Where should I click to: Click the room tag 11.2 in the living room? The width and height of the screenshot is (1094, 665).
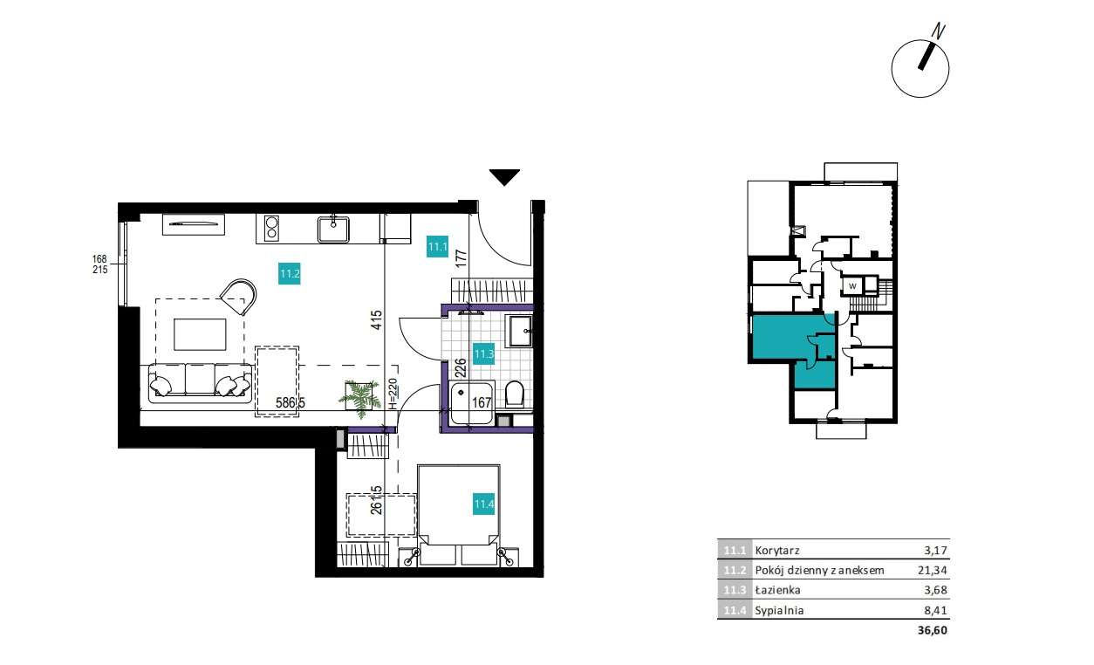(291, 274)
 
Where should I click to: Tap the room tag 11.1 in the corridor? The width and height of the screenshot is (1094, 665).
(437, 247)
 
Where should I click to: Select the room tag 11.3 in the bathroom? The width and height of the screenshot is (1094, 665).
(484, 354)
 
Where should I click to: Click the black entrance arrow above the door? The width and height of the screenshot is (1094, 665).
(504, 177)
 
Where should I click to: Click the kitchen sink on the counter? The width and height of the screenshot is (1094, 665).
(333, 229)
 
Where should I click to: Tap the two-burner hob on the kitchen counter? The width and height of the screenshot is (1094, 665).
(271, 228)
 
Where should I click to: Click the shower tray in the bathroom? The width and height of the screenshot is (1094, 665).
(472, 403)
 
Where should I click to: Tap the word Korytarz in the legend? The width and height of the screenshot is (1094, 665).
(777, 551)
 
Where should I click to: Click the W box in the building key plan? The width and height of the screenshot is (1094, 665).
(851, 285)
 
